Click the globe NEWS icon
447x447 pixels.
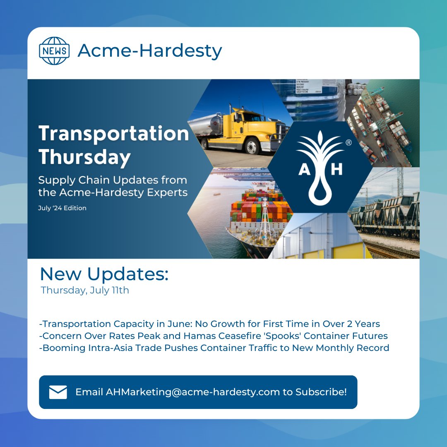[54, 51]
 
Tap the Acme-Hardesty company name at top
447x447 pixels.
[150, 50]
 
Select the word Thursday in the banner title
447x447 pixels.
[84, 157]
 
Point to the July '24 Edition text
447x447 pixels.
[62, 208]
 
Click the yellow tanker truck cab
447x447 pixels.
[244, 128]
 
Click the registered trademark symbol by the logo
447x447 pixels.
[348, 142]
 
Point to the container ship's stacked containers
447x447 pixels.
[252, 211]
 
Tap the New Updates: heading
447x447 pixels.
[104, 274]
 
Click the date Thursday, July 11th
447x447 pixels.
[85, 291]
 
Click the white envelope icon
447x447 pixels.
[58, 392]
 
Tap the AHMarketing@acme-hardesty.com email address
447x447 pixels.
[193, 392]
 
